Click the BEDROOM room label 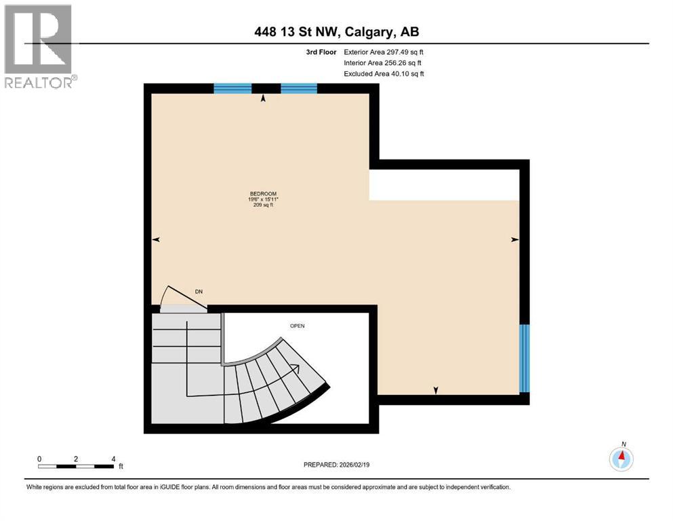(x=263, y=195)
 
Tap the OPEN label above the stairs (x=297, y=326)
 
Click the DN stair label (x=199, y=292)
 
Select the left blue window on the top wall (x=232, y=88)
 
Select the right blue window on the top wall (x=299, y=88)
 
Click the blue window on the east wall (x=524, y=358)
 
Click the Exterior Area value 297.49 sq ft (x=405, y=52)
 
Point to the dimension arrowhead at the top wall (x=264, y=98)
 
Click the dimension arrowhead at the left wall (x=156, y=239)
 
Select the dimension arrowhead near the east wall (x=514, y=239)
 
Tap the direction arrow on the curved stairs (x=295, y=368)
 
